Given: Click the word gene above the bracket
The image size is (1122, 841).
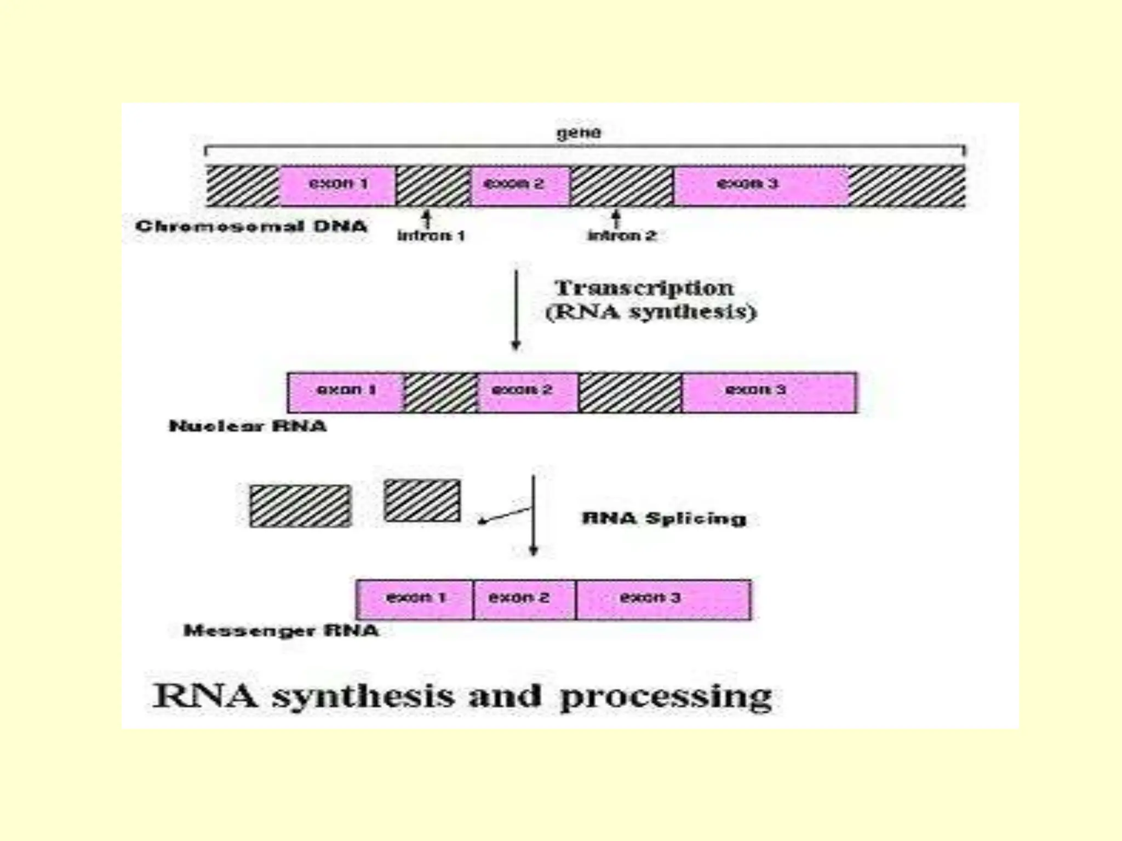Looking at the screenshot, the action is point(579,133).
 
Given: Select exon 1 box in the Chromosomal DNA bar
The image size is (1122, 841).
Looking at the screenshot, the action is point(337,185).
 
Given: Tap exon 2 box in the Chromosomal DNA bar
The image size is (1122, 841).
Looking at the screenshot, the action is point(520,185).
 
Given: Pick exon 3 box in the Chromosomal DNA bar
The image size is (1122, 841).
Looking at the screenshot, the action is point(760,185).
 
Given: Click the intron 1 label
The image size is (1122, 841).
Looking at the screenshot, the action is point(431,236).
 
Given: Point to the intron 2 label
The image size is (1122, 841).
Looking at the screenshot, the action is point(622,236).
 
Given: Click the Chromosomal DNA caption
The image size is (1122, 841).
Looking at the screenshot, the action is point(251,226).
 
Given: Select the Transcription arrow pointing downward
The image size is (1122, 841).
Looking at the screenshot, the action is point(516,309).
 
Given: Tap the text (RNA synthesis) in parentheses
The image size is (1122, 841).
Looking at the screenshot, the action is point(651,312).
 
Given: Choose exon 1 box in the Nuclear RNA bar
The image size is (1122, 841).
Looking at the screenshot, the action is point(345,392).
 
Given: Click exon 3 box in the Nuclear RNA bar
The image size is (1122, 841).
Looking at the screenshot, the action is point(769,392).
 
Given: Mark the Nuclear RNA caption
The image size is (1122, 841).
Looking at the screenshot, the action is point(248,426).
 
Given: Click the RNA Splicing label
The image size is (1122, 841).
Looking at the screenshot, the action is point(664,518).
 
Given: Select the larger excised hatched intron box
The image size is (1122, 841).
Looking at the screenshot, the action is point(300,506).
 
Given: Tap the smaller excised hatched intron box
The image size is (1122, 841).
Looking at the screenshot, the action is point(422,500).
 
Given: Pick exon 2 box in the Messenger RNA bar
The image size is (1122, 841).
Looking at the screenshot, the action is point(524,599).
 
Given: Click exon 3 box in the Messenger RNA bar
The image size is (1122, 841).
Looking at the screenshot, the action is point(663,599).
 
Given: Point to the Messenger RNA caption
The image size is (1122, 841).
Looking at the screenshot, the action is point(281,631).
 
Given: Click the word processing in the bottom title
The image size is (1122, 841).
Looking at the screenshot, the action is point(666,698).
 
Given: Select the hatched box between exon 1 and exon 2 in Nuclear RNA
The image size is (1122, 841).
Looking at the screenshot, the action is point(440,392).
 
